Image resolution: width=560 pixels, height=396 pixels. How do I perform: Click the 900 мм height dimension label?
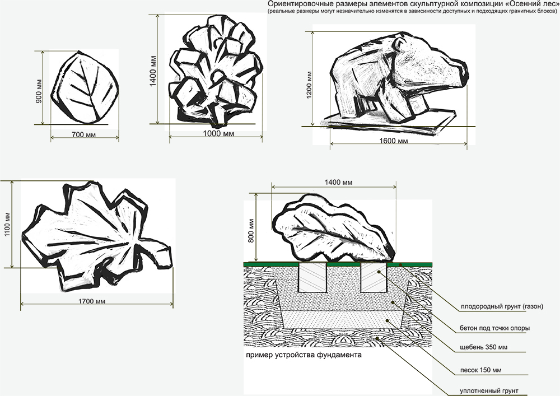click(x=39, y=91)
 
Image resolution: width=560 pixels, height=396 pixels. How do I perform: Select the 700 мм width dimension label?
click(x=84, y=134)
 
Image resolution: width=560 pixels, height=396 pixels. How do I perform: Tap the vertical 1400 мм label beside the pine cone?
click(x=153, y=71)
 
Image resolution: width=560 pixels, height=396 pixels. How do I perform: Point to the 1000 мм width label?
click(x=218, y=133)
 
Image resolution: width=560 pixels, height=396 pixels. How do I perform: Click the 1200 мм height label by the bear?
click(x=309, y=85)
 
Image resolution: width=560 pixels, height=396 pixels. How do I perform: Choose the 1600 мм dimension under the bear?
click(x=393, y=141)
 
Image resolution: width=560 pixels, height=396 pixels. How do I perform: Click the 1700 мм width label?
click(x=92, y=301)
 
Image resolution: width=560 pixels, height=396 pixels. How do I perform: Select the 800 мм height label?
click(x=251, y=231)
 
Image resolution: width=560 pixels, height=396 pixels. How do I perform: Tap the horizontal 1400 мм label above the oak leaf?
click(x=338, y=183)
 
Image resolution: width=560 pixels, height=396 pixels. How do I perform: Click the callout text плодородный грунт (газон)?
click(x=502, y=306)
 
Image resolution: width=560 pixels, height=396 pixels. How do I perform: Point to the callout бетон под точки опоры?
click(x=494, y=328)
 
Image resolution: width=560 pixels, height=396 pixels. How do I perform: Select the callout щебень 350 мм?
click(x=484, y=347)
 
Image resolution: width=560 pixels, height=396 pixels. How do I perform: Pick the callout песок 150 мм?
click(x=480, y=370)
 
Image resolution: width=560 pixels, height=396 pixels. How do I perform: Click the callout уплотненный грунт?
click(x=489, y=391)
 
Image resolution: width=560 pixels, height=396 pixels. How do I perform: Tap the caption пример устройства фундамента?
click(x=304, y=355)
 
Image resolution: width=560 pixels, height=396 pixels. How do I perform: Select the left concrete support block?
click(x=312, y=277)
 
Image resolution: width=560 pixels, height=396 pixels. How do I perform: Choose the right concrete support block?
click(x=374, y=277)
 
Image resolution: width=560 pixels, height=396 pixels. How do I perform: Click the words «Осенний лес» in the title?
click(x=532, y=4)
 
